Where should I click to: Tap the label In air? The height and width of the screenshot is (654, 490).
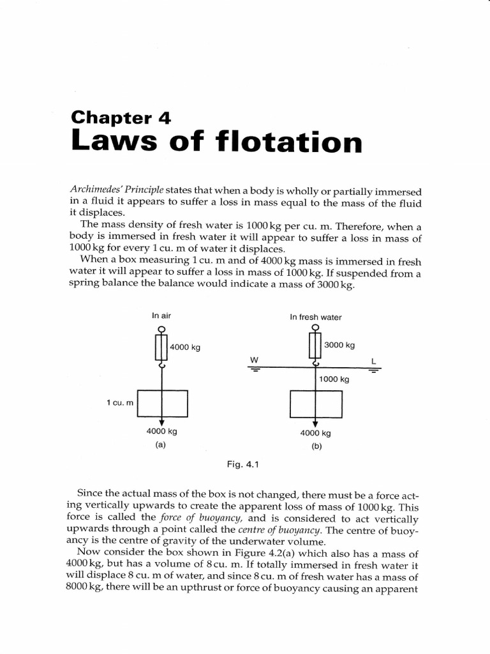tap(161, 315)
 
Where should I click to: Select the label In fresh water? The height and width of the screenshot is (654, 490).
tap(315, 317)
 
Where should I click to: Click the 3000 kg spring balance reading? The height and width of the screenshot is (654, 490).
tap(339, 346)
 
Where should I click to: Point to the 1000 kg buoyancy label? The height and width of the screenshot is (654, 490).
tap(334, 379)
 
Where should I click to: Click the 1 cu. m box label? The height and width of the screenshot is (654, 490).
tap(120, 402)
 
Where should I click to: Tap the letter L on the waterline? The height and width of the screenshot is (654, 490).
tap(374, 361)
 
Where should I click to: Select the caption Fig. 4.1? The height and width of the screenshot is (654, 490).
tap(242, 464)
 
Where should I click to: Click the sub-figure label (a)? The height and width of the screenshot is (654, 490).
tap(161, 445)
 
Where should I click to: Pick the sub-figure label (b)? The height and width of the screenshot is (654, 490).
tap(316, 446)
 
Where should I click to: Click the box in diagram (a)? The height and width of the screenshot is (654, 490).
tap(163, 402)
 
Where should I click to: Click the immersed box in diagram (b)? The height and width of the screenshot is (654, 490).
tap(316, 403)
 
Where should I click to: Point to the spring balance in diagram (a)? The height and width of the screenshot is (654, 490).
tap(161, 347)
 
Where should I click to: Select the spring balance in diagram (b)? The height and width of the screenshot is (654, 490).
tap(315, 346)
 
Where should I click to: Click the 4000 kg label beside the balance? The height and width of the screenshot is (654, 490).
tap(186, 348)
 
